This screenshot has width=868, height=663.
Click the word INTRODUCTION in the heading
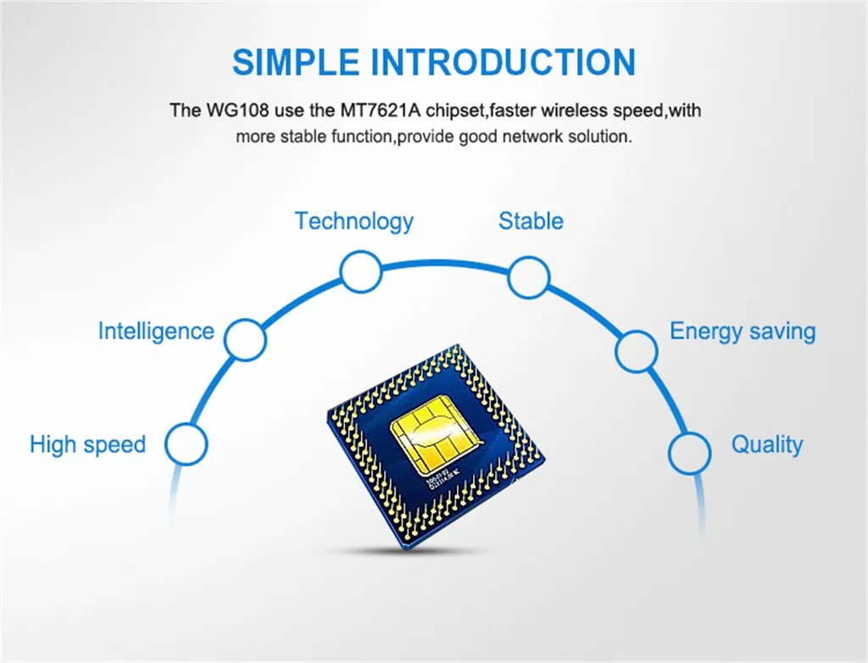point(503,62)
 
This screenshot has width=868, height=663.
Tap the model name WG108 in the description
point(225,110)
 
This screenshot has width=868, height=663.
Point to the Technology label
point(353,221)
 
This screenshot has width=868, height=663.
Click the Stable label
point(531,221)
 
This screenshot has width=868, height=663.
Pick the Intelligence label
point(156,331)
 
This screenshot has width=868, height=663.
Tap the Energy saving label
point(743,331)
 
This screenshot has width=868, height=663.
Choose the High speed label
point(87,444)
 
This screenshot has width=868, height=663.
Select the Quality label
point(766,444)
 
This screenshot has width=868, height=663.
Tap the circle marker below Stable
point(529,276)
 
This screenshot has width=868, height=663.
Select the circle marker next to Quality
point(689,452)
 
